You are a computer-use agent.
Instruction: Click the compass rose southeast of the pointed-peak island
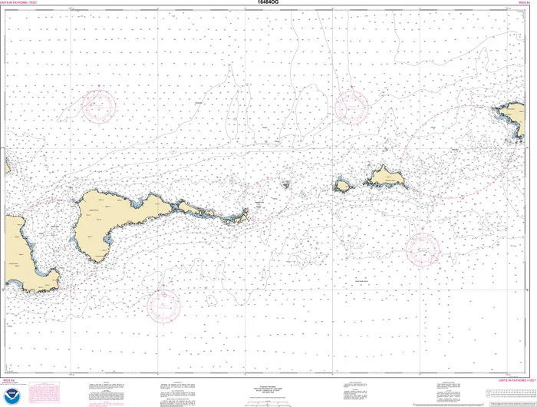point(422,247)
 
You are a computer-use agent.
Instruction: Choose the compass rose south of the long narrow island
point(163,305)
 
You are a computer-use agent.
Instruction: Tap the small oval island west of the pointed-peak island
point(342,185)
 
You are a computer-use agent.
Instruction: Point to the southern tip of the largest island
point(97,258)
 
